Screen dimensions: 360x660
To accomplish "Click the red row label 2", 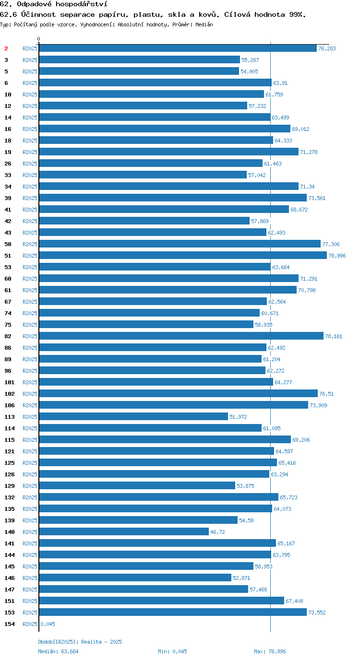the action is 6,48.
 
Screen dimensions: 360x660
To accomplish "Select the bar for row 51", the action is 183,256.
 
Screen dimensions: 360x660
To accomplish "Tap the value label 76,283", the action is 327,48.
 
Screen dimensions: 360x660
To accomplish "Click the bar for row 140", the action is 124,531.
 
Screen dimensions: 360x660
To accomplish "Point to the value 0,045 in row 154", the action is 48,624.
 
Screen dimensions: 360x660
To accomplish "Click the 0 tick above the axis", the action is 38,39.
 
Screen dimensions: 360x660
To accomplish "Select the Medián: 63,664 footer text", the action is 58,651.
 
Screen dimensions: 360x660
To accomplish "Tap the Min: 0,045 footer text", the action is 172,651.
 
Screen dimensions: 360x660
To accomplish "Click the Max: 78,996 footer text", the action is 270,651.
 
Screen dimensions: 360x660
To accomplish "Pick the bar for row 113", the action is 133,416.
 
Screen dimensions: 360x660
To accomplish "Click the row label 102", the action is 10,394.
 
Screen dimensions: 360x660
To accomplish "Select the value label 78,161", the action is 334,336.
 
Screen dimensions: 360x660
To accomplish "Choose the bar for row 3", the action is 140,59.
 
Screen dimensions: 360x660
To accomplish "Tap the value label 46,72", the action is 217,532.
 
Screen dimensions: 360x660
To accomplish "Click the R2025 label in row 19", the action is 30,152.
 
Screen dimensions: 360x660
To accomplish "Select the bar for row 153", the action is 173,612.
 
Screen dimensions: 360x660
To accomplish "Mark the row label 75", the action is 8,325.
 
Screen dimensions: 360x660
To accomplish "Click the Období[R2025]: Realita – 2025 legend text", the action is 80,642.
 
